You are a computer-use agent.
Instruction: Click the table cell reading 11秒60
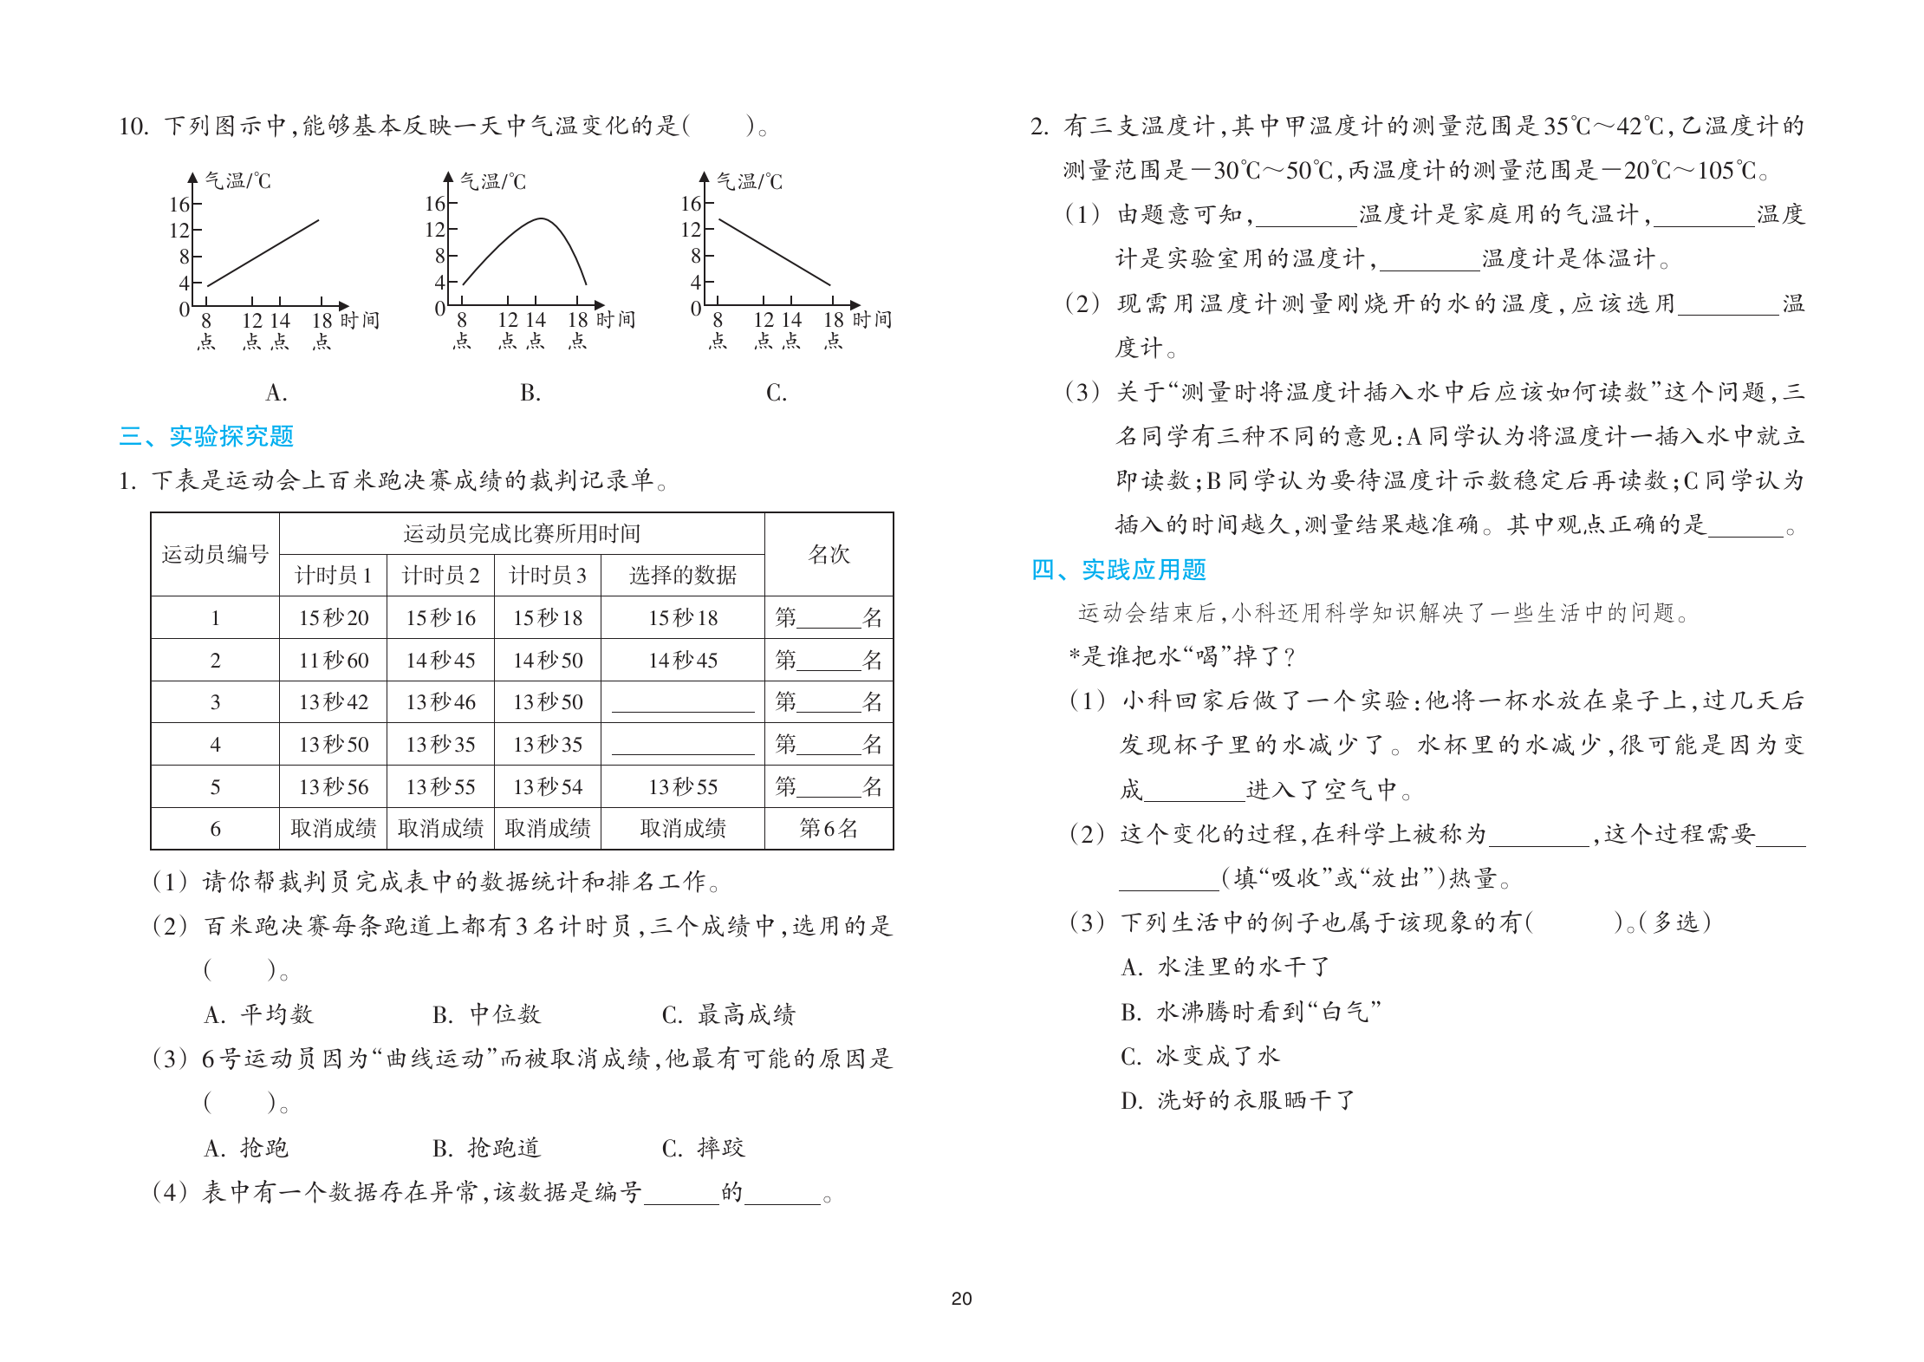pyautogui.click(x=334, y=661)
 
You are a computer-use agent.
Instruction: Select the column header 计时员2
pyautogui.click(x=440, y=576)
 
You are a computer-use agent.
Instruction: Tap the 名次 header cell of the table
pyautogui.click(x=829, y=555)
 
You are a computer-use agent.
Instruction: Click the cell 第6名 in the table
pyautogui.click(x=829, y=829)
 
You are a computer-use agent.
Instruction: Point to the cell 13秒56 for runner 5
pyautogui.click(x=334, y=787)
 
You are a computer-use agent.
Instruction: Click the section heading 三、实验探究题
pyautogui.click(x=206, y=436)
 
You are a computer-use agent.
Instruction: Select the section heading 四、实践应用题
pyautogui.click(x=1118, y=570)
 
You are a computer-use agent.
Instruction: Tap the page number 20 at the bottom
pyautogui.click(x=961, y=1299)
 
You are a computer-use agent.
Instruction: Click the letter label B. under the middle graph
pyautogui.click(x=530, y=394)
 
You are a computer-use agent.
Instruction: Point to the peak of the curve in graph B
pyautogui.click(x=541, y=218)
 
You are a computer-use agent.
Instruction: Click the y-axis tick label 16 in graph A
pyautogui.click(x=179, y=205)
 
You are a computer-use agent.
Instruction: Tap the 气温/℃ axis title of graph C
pyautogui.click(x=749, y=182)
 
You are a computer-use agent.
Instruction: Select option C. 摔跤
pyautogui.click(x=703, y=1149)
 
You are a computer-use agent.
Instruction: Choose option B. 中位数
pyautogui.click(x=486, y=1014)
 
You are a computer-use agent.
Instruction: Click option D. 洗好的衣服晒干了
pyautogui.click(x=1237, y=1101)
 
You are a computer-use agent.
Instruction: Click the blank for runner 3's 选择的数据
pyautogui.click(x=683, y=702)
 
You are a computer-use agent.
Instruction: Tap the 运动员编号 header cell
pyautogui.click(x=215, y=555)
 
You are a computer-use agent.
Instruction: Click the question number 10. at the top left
pyautogui.click(x=134, y=127)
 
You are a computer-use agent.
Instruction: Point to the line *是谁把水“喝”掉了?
pyautogui.click(x=1182, y=657)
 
